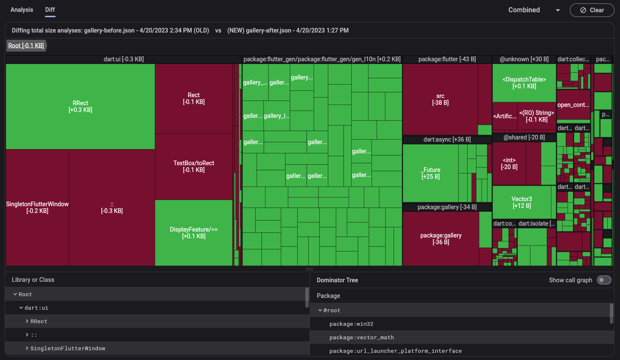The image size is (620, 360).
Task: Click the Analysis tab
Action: point(22,10)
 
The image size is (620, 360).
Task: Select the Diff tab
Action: point(50,10)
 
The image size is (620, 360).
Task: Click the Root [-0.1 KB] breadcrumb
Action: point(26,46)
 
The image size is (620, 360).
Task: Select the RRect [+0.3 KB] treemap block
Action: point(80,106)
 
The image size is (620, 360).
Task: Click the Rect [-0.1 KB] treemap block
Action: point(193,98)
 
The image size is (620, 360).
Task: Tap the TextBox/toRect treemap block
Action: point(193,166)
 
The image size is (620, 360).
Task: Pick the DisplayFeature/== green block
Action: point(193,233)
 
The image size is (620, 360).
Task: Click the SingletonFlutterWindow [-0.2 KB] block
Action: point(37,207)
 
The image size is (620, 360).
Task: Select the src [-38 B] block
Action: point(440,99)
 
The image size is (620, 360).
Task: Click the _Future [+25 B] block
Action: point(430,173)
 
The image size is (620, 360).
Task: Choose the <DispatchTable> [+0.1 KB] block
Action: point(524,83)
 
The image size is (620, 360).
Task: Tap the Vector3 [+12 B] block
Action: point(522,202)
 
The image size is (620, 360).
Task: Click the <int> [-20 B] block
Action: point(509,164)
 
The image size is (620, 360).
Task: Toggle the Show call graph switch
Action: point(604,280)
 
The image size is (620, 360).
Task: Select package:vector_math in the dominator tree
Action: point(362,338)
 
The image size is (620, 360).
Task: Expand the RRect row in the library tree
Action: point(27,322)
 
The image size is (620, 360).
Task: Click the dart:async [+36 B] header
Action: point(447,139)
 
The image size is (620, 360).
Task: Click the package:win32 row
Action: point(351,324)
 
